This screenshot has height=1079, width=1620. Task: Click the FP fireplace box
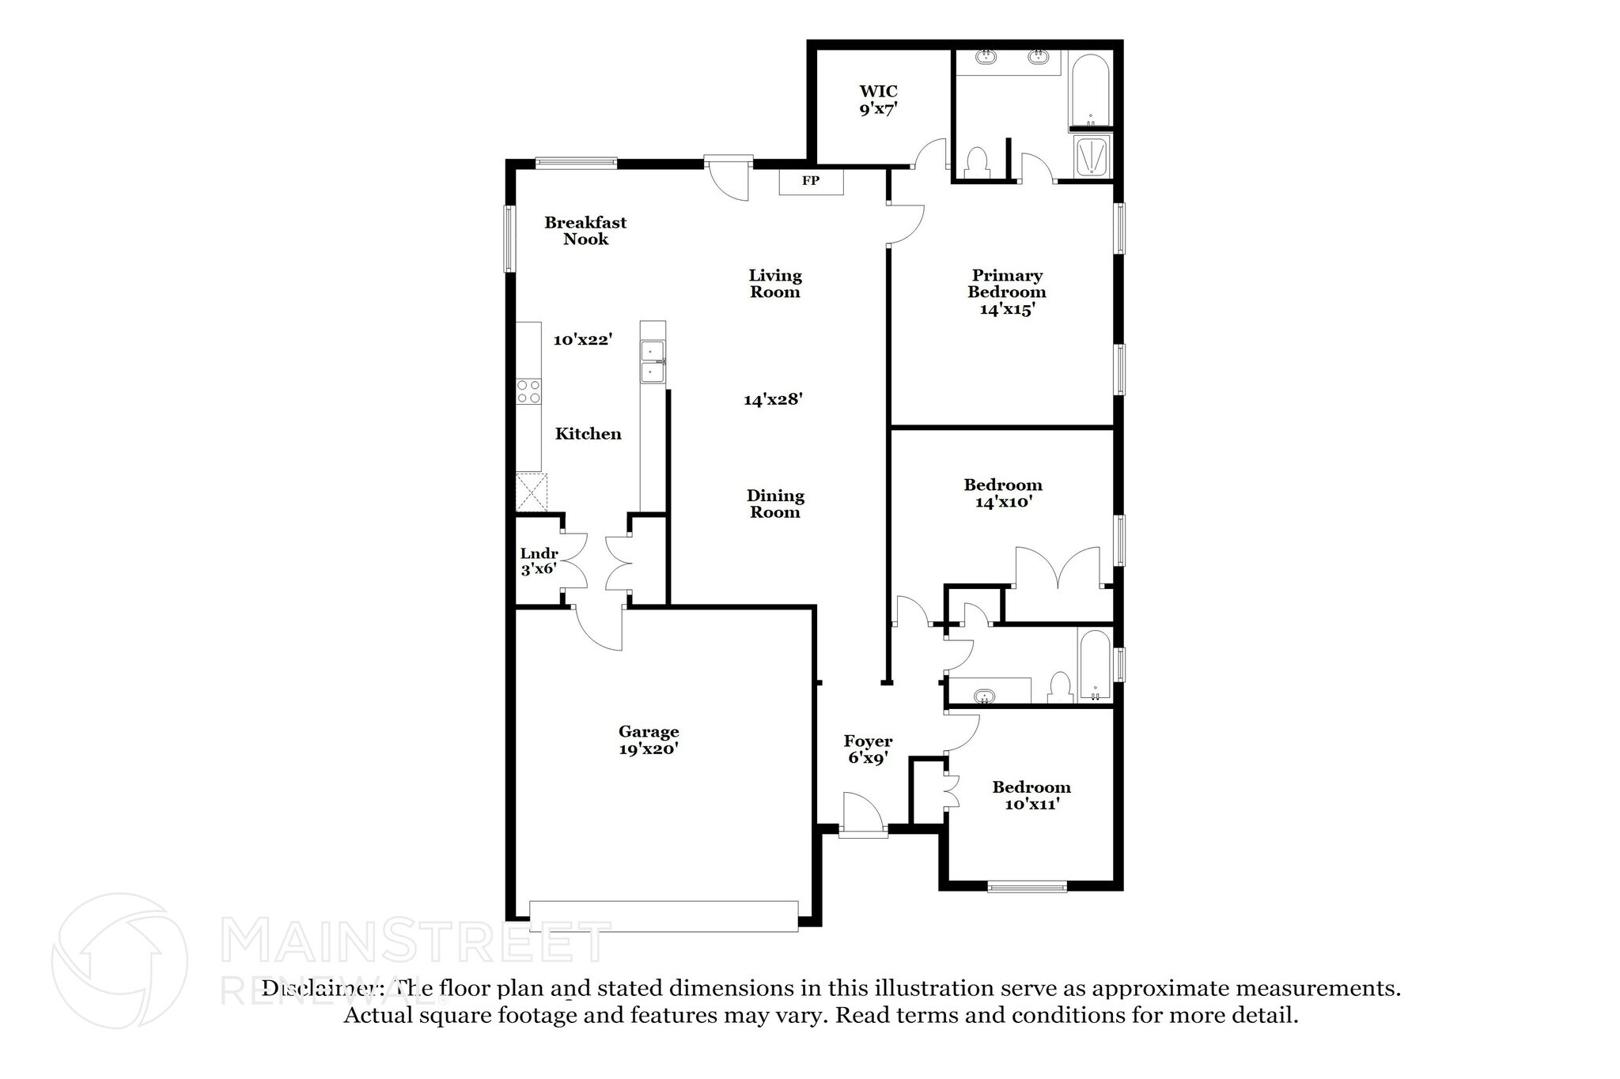(811, 182)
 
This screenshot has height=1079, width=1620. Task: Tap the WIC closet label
(878, 100)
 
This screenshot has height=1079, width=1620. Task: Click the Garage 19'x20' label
(649, 741)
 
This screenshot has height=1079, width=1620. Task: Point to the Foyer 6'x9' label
(868, 749)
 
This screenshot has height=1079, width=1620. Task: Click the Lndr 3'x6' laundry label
(539, 561)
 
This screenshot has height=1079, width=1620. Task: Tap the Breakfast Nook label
(585, 231)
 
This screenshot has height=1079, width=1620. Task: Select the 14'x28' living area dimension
(773, 400)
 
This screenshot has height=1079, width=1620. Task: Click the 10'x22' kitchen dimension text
(583, 340)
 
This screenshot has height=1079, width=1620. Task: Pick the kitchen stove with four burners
(528, 392)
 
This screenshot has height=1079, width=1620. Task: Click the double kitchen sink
(653, 361)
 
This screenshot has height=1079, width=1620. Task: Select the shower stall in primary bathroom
(1092, 155)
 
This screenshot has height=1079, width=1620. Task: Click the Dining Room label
(775, 504)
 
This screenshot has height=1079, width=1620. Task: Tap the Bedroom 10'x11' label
(1031, 795)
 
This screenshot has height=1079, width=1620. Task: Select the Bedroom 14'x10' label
(1003, 493)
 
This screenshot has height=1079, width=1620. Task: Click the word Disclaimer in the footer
(323, 989)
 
